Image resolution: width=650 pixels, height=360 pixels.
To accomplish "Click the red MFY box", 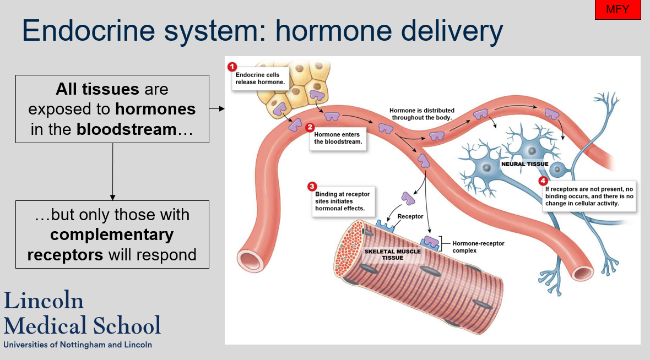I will (x=617, y=10).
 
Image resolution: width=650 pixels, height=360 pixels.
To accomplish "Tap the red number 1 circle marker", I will (x=232, y=67).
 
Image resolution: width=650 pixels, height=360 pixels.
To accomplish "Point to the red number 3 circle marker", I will (x=311, y=187).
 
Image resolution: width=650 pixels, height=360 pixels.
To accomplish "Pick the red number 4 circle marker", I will (x=543, y=181).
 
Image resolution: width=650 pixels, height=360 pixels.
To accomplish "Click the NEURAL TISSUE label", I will (x=524, y=164).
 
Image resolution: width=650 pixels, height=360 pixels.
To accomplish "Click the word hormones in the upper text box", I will (x=155, y=109).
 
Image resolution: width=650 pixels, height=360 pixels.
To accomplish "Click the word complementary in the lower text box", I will (x=112, y=235).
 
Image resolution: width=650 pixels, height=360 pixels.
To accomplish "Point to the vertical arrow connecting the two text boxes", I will (x=112, y=171).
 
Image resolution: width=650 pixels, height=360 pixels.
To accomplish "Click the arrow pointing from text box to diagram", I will (x=217, y=109).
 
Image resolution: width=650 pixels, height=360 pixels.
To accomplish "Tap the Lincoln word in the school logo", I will (x=44, y=301).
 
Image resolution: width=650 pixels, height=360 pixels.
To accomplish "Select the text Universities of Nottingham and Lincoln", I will (x=78, y=345).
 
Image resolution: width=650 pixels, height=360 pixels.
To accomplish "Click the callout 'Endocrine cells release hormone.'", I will (x=257, y=78).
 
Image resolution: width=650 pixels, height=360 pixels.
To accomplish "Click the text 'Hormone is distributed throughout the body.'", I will (x=421, y=114).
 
